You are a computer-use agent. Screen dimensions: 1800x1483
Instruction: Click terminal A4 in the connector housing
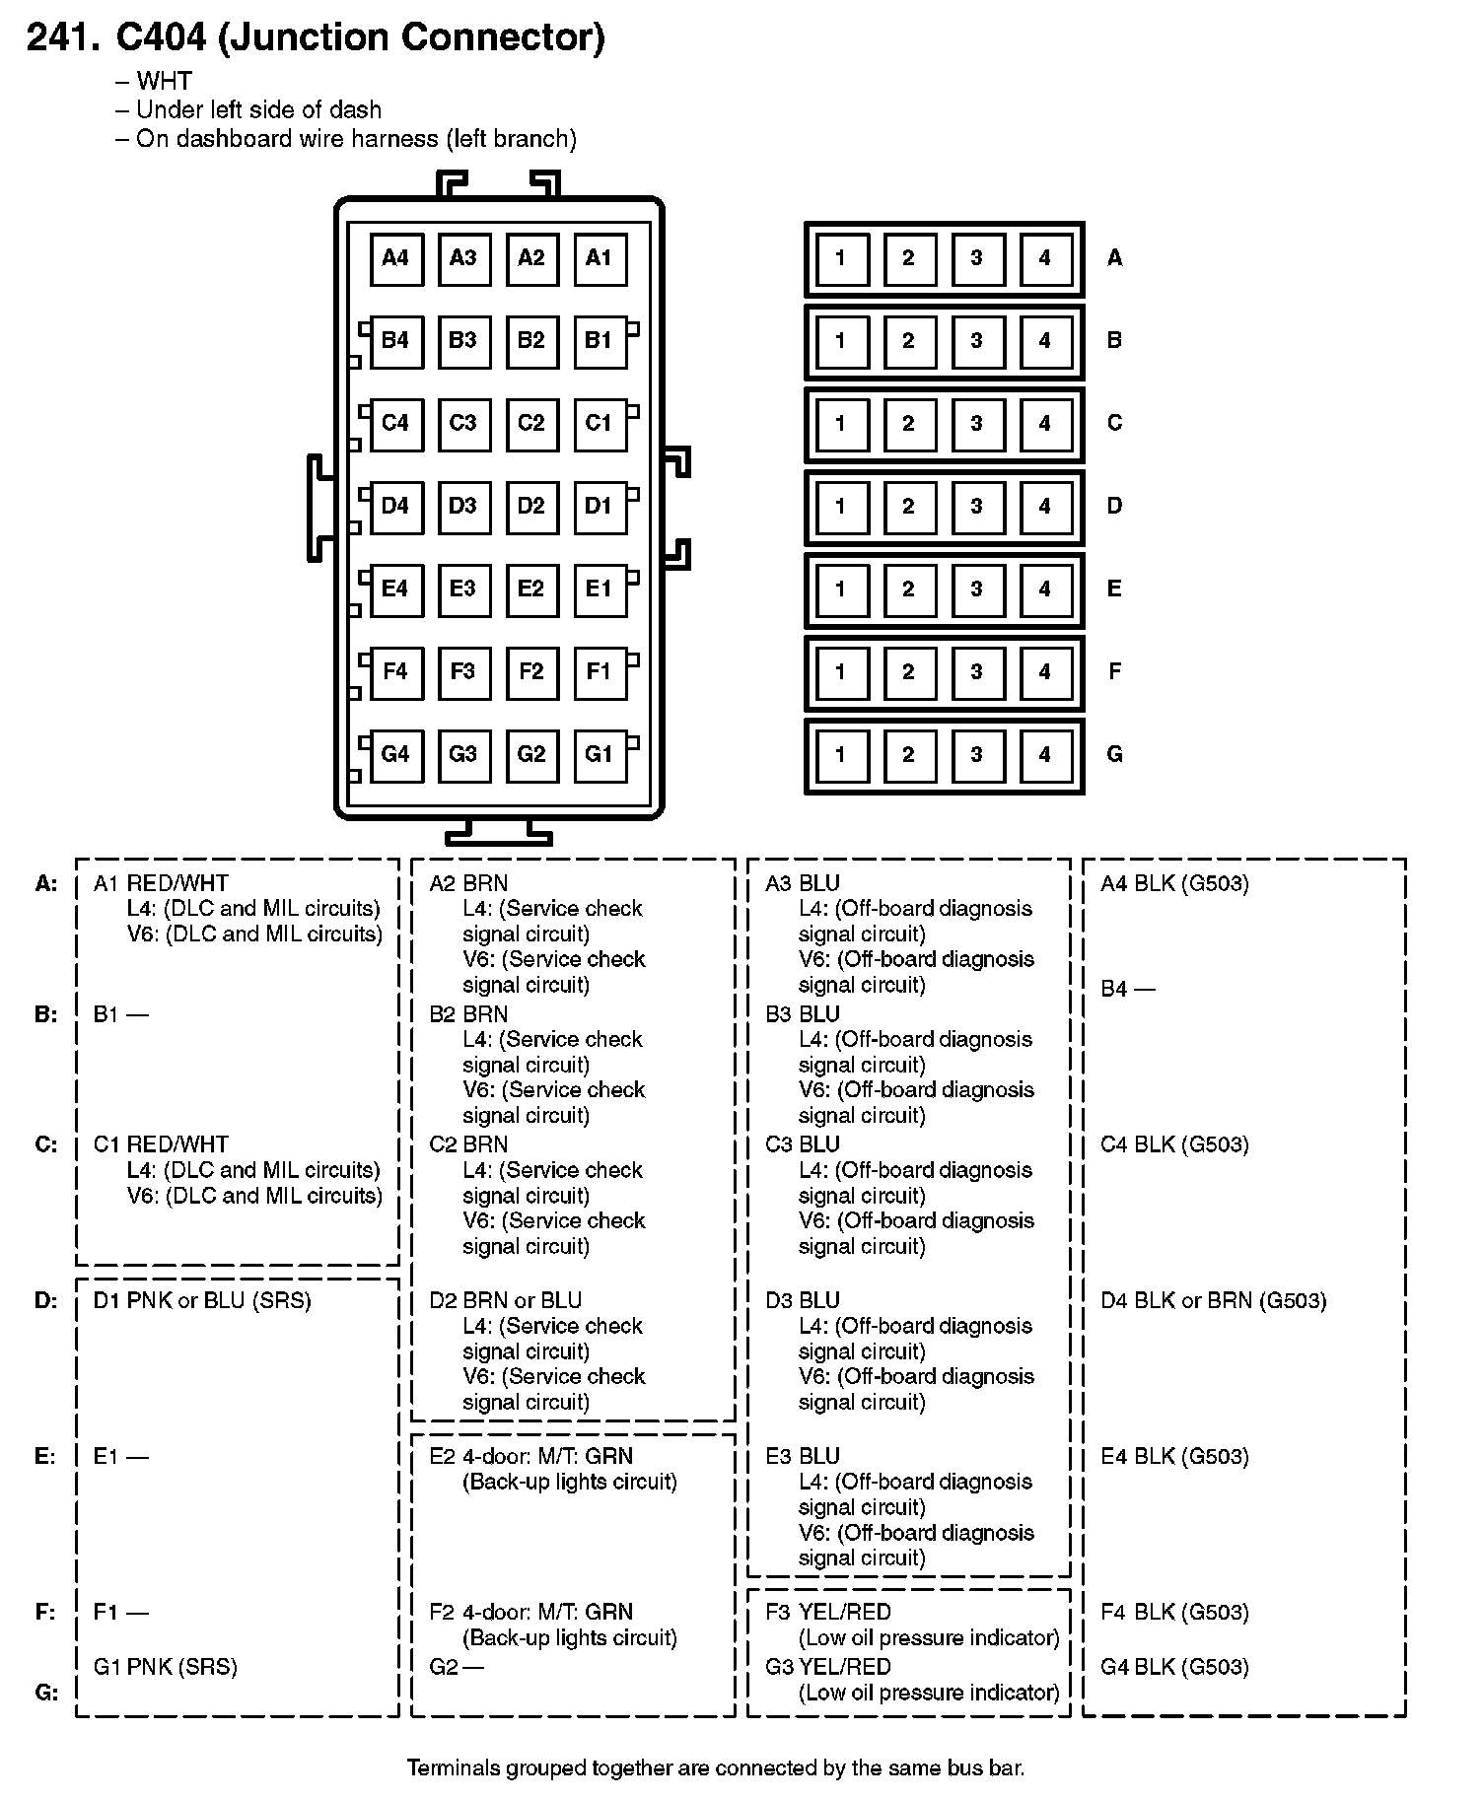coord(395,259)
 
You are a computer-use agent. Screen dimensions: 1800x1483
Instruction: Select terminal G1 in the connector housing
coord(599,755)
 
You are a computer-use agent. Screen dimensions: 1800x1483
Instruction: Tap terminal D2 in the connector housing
coord(530,507)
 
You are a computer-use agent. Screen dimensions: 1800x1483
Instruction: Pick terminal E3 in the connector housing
coord(462,589)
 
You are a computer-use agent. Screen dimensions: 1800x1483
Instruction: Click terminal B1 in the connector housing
coord(599,341)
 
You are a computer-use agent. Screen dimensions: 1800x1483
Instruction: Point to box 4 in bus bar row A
coord(1045,259)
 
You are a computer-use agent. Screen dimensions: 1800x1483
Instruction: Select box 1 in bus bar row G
coord(841,756)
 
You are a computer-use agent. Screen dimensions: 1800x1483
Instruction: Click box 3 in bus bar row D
coord(977,508)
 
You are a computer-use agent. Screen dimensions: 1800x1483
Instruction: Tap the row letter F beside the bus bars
coord(1114,672)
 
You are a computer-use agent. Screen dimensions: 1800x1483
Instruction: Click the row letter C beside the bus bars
coord(1114,424)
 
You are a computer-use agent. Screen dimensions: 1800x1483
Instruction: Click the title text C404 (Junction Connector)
coord(361,37)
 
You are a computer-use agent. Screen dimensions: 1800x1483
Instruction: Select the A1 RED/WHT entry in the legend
coord(161,883)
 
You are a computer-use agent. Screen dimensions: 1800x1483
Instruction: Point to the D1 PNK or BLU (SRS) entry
coord(202,1300)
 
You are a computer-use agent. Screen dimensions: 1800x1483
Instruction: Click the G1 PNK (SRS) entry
coord(166,1667)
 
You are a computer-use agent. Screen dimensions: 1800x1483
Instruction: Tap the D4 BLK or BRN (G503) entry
coord(1213,1300)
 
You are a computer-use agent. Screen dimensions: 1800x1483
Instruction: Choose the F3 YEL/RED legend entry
coord(828,1612)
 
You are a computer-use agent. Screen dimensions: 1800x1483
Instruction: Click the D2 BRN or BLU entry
coord(505,1300)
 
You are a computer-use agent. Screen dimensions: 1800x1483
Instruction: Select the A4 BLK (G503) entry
coord(1174,883)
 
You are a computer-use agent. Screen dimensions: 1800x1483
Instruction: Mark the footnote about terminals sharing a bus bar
coord(716,1767)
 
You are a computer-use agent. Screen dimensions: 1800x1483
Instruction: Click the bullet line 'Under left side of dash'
coord(258,109)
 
